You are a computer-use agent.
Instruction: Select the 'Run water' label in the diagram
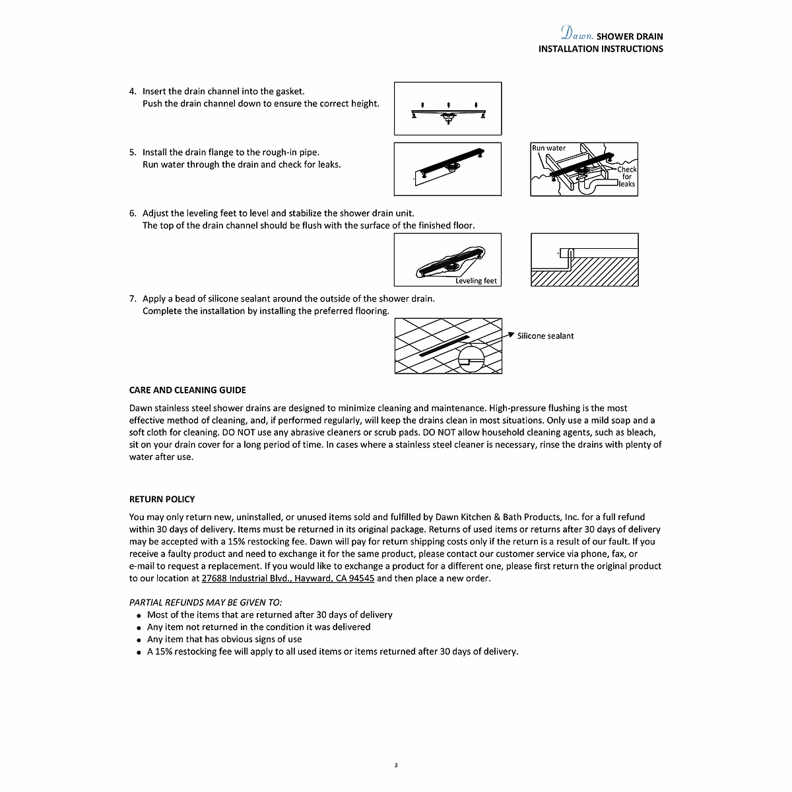pos(549,148)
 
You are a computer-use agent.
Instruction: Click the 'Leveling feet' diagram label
pos(477,281)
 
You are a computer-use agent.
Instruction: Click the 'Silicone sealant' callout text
pos(545,336)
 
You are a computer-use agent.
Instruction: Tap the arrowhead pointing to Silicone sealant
pos(510,335)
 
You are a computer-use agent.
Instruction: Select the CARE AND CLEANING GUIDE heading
pos(187,390)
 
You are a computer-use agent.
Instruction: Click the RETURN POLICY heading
pos(162,500)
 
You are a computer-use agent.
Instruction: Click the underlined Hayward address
pos(288,579)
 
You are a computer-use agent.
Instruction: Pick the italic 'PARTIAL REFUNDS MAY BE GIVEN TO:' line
pos(205,603)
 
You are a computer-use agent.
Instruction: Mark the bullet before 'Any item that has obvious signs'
pos(139,640)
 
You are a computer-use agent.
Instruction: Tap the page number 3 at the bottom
pos(396,766)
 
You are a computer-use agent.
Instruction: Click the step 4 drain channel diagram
pos(447,108)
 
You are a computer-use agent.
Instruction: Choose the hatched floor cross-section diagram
pos(584,259)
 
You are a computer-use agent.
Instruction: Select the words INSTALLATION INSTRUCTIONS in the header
pos(601,49)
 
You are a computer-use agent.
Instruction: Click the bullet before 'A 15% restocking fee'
pos(139,653)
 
